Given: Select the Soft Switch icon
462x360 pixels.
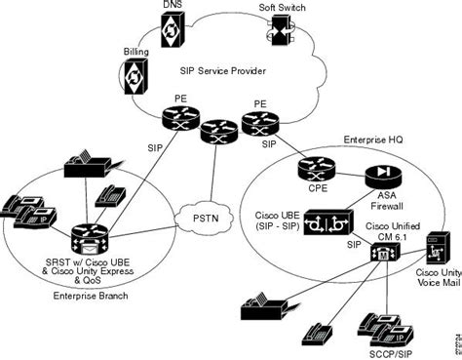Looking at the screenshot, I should point(278,35).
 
